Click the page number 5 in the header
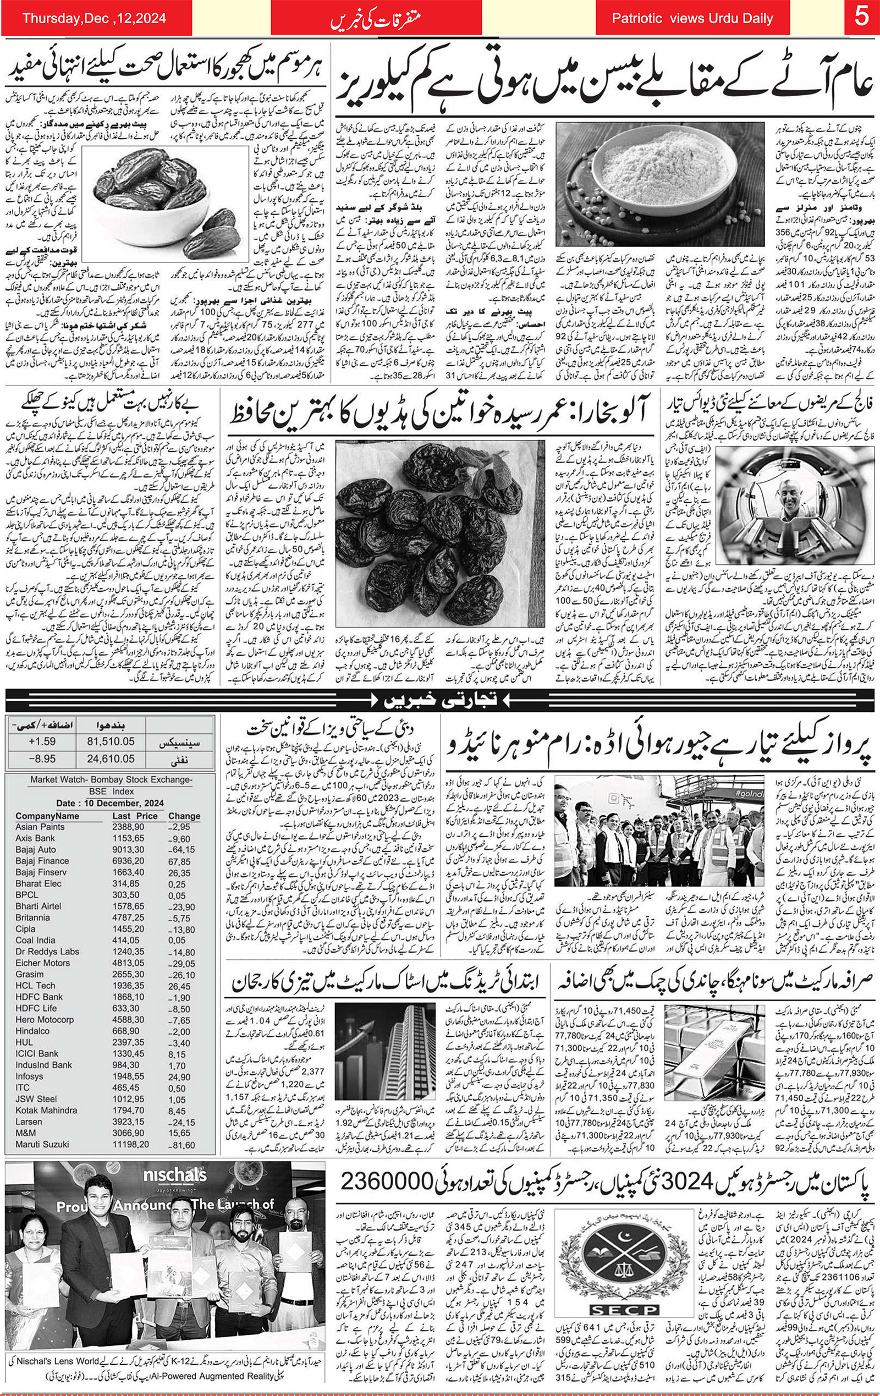(861, 18)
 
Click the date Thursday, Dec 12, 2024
(95, 18)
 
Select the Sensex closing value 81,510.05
(111, 741)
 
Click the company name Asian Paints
(40, 827)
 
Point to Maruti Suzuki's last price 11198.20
(130, 1144)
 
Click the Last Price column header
(135, 816)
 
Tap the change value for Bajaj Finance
(179, 861)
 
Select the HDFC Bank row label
(39, 997)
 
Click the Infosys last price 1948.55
(128, 1076)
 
